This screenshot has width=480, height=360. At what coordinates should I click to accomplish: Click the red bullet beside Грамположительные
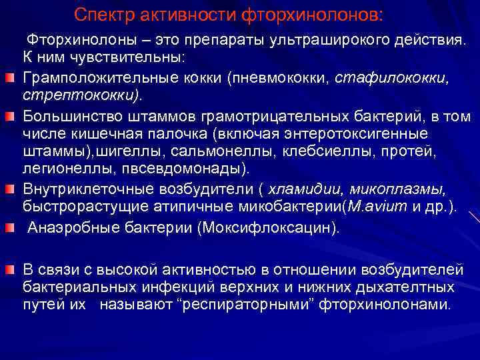[x=11, y=79]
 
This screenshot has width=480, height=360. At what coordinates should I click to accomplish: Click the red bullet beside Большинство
[x=11, y=117]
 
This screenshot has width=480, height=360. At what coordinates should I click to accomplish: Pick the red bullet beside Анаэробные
[x=11, y=229]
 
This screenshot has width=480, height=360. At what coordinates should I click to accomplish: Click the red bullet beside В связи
[x=11, y=270]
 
